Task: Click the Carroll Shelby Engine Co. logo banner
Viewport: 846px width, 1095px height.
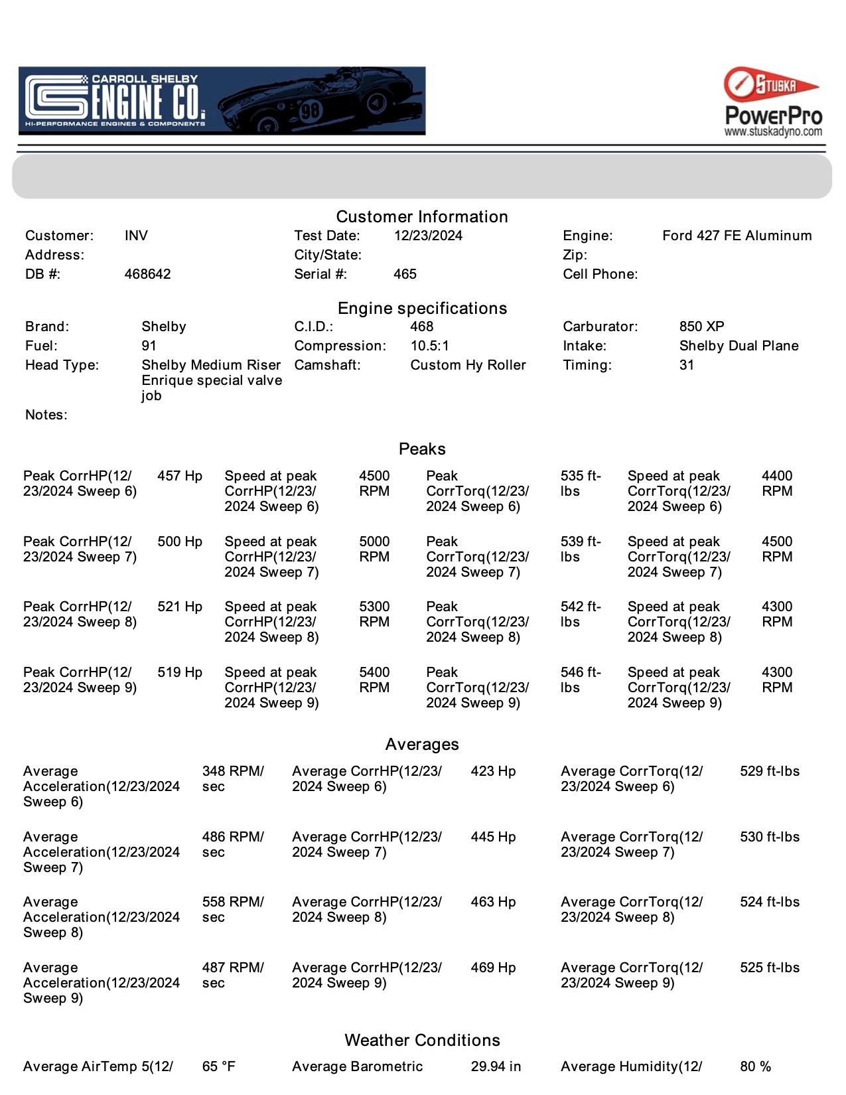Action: pos(222,101)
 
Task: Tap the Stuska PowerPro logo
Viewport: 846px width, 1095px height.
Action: pos(773,102)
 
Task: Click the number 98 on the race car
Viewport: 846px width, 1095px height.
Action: pos(310,110)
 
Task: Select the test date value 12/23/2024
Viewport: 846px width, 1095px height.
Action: pos(428,236)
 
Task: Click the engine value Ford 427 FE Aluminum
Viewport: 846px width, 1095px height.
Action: pos(737,236)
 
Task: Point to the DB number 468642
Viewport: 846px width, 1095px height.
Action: pos(147,274)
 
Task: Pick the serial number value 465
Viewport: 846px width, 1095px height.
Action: pos(405,274)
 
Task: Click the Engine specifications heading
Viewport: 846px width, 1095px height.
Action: pos(422,308)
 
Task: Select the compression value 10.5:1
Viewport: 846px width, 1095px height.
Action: pos(429,346)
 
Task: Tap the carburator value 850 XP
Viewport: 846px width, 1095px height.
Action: pos(701,327)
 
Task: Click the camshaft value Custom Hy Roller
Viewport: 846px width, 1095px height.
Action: pos(468,365)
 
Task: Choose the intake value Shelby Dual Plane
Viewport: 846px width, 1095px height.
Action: pos(739,346)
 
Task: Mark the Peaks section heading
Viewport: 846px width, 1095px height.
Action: pos(422,449)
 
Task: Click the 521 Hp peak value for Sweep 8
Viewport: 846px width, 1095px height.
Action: pos(180,607)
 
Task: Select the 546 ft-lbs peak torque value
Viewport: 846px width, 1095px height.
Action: pos(580,680)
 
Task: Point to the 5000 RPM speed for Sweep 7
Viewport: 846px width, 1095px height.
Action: pos(374,549)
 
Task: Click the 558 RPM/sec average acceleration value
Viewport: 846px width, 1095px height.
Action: pos(232,909)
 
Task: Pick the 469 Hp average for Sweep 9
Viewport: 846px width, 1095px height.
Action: pos(493,968)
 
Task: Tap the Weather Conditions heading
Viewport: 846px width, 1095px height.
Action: pos(422,1040)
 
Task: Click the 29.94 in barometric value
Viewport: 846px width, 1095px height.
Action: pos(496,1066)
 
